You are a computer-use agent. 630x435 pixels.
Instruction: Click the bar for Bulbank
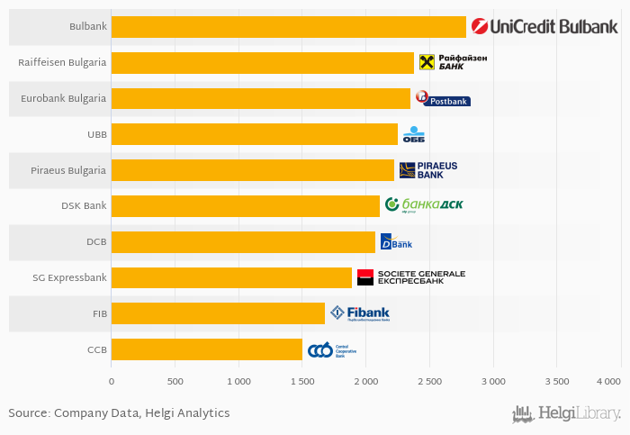click(288, 27)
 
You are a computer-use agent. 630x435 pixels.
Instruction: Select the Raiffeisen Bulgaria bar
click(262, 62)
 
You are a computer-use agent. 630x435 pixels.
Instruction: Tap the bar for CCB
click(206, 349)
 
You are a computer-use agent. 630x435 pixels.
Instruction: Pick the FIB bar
click(218, 313)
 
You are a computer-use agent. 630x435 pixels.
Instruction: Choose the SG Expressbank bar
click(231, 277)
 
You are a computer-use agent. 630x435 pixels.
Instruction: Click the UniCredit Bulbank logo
click(544, 27)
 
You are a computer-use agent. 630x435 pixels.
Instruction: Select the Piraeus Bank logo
click(428, 170)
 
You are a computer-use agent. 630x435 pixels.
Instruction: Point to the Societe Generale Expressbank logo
click(410, 277)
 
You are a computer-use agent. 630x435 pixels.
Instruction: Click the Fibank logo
click(360, 313)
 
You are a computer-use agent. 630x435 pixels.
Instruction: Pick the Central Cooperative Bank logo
click(332, 349)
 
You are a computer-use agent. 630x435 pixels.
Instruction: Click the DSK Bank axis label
click(84, 205)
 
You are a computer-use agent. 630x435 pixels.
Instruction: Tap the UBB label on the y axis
click(97, 134)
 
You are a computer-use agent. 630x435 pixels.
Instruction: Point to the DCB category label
click(96, 241)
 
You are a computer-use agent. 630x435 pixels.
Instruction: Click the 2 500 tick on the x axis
click(429, 382)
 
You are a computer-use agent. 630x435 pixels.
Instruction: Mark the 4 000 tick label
click(607, 382)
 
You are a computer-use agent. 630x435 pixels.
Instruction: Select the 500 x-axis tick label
click(175, 382)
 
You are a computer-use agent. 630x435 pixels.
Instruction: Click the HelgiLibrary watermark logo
click(566, 414)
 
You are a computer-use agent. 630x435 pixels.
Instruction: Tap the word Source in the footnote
click(28, 413)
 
